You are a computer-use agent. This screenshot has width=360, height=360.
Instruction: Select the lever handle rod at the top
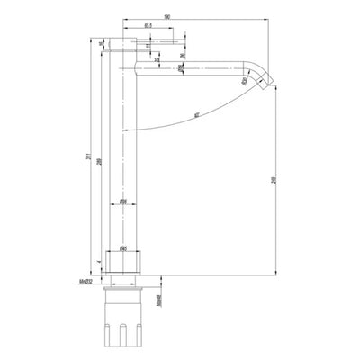162,41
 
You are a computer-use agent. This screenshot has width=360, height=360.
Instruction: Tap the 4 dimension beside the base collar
99,263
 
